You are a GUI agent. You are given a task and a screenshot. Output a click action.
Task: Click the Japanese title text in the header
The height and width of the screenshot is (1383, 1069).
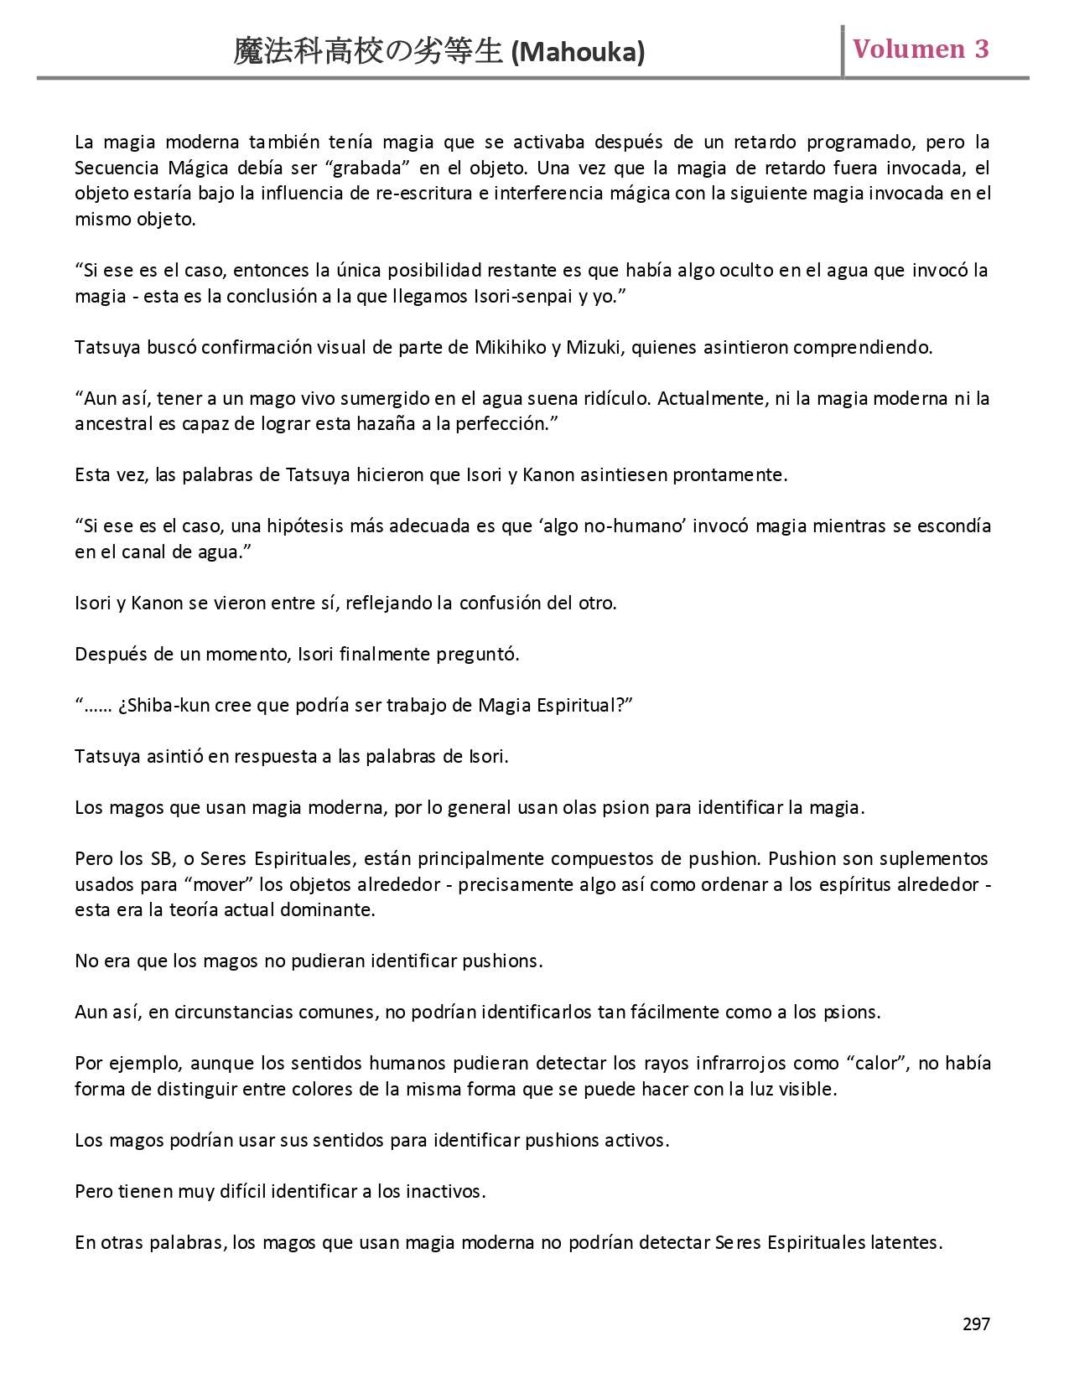pos(370,52)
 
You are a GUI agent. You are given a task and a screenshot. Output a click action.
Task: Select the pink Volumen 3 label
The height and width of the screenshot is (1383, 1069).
pos(921,49)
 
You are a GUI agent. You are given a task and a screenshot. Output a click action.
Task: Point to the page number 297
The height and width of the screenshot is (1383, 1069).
pos(976,1324)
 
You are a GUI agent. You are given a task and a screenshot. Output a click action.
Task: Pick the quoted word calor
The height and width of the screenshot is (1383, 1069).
pos(878,1064)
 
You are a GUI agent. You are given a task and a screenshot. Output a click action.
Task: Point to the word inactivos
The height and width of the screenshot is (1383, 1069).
pos(444,1191)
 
